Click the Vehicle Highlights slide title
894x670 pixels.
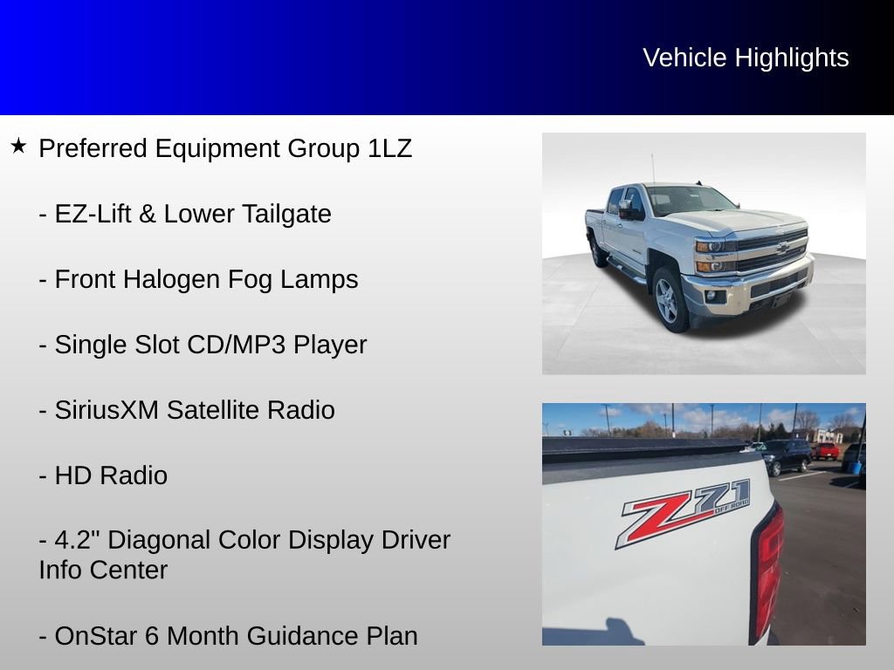click(746, 58)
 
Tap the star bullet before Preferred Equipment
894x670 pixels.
click(18, 146)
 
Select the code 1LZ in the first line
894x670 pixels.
click(389, 148)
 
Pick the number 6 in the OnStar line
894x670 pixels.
click(155, 636)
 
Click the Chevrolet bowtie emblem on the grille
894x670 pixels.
click(781, 248)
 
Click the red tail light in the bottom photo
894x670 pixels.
click(767, 567)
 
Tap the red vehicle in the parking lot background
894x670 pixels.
click(826, 451)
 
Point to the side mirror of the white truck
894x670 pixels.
click(629, 209)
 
